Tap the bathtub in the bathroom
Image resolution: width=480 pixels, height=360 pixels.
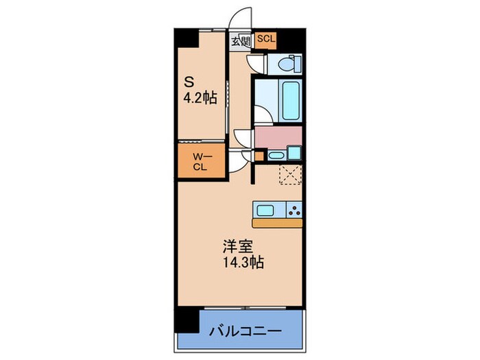click(288, 100)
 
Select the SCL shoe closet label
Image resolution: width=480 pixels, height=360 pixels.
click(266, 40)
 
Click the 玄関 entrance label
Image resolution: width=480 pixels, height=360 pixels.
click(240, 41)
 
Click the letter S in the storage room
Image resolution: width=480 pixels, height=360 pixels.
click(187, 80)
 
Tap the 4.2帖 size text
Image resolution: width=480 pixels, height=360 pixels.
click(200, 98)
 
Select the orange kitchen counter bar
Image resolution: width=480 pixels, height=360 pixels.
click(277, 223)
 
